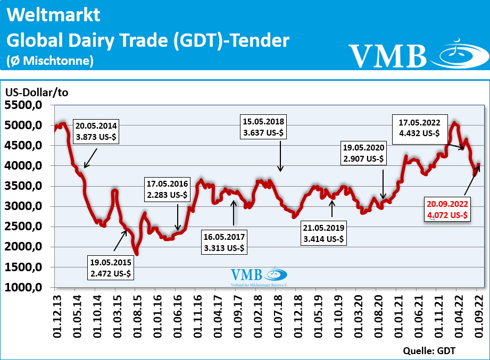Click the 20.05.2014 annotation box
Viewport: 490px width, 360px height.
(x=97, y=132)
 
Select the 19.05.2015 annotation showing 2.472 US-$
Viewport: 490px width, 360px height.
(x=110, y=269)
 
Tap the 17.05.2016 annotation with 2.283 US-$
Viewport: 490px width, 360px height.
(x=167, y=189)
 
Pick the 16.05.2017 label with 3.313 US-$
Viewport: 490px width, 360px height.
(x=223, y=242)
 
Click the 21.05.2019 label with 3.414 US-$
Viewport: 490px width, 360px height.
(x=323, y=234)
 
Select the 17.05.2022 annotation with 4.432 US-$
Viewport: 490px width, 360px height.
(x=419, y=128)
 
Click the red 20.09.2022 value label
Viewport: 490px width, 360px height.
(x=447, y=210)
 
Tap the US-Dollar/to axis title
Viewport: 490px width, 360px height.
(x=37, y=92)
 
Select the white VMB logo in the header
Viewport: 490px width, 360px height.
(x=418, y=52)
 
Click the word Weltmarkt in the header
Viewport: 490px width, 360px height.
(x=53, y=15)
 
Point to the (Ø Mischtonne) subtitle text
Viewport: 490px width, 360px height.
(x=50, y=61)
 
